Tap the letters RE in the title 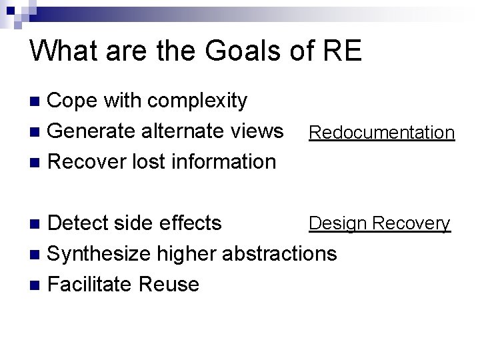(339, 51)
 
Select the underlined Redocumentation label (381, 133)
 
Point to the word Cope (76, 101)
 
